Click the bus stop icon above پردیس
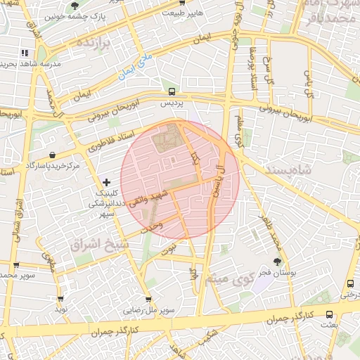point(172,91)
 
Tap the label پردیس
point(172,103)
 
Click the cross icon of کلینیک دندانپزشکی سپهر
point(106,183)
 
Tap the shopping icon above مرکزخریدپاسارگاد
point(53,155)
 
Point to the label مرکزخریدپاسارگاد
point(53,165)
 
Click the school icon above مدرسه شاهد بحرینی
point(25,53)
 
